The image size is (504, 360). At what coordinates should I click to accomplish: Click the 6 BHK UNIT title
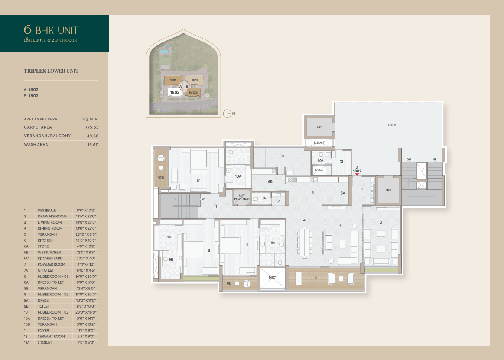(51, 30)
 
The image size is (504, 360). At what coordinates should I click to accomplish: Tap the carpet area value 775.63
(91, 127)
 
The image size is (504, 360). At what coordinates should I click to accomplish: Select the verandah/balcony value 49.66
(93, 136)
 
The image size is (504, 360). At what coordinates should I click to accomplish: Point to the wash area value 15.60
(93, 145)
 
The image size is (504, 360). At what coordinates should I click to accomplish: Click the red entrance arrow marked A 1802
(357, 174)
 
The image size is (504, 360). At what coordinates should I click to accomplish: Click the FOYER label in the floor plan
(391, 125)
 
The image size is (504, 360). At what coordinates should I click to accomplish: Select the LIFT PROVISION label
(242, 197)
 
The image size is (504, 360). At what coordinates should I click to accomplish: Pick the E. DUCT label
(319, 143)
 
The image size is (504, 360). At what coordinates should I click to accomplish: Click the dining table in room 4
(304, 242)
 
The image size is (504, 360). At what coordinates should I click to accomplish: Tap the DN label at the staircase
(409, 159)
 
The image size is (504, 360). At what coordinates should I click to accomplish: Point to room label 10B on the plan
(161, 178)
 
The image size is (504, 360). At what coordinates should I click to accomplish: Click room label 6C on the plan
(282, 156)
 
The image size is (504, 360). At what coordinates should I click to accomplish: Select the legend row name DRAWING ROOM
(52, 216)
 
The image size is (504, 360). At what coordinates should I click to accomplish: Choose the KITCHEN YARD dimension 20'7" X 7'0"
(86, 259)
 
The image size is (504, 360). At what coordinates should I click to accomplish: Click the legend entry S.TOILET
(45, 343)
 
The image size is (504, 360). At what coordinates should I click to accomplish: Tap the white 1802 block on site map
(175, 92)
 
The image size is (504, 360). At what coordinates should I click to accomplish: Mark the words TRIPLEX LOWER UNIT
(51, 71)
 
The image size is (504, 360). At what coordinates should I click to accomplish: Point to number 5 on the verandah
(316, 278)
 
